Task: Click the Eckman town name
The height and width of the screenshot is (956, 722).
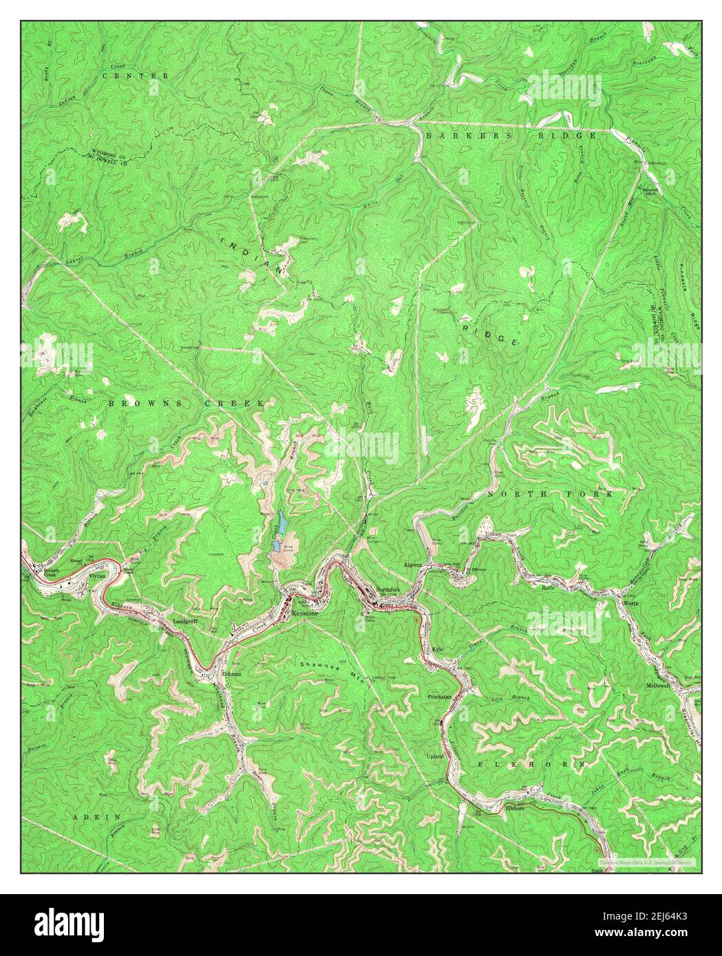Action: pos(232,674)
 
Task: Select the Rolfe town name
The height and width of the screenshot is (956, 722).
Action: pos(548,588)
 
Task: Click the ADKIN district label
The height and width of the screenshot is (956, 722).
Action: pos(98,816)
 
